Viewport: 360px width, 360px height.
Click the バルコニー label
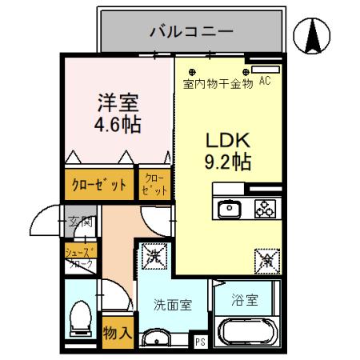tap(191, 32)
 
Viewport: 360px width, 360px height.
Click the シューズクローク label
tap(79, 258)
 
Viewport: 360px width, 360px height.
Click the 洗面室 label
tap(172, 304)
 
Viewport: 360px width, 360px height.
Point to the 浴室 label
tap(245, 301)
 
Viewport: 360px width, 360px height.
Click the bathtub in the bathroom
tap(247, 333)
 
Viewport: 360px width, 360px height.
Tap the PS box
tap(200, 341)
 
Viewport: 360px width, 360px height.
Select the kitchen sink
tap(229, 210)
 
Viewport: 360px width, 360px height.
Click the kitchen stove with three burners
tap(265, 210)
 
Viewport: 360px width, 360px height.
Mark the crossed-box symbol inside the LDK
tap(266, 259)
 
